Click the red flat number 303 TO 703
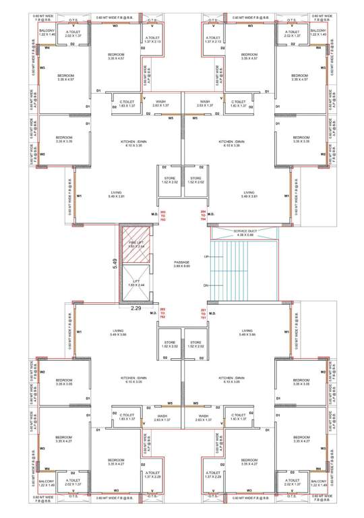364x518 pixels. pyautogui.click(x=162, y=215)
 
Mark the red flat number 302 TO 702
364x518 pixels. pyautogui.click(x=162, y=314)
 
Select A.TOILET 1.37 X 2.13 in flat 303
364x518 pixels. pyautogui.click(x=154, y=40)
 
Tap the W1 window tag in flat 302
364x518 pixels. pyautogui.click(x=80, y=333)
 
